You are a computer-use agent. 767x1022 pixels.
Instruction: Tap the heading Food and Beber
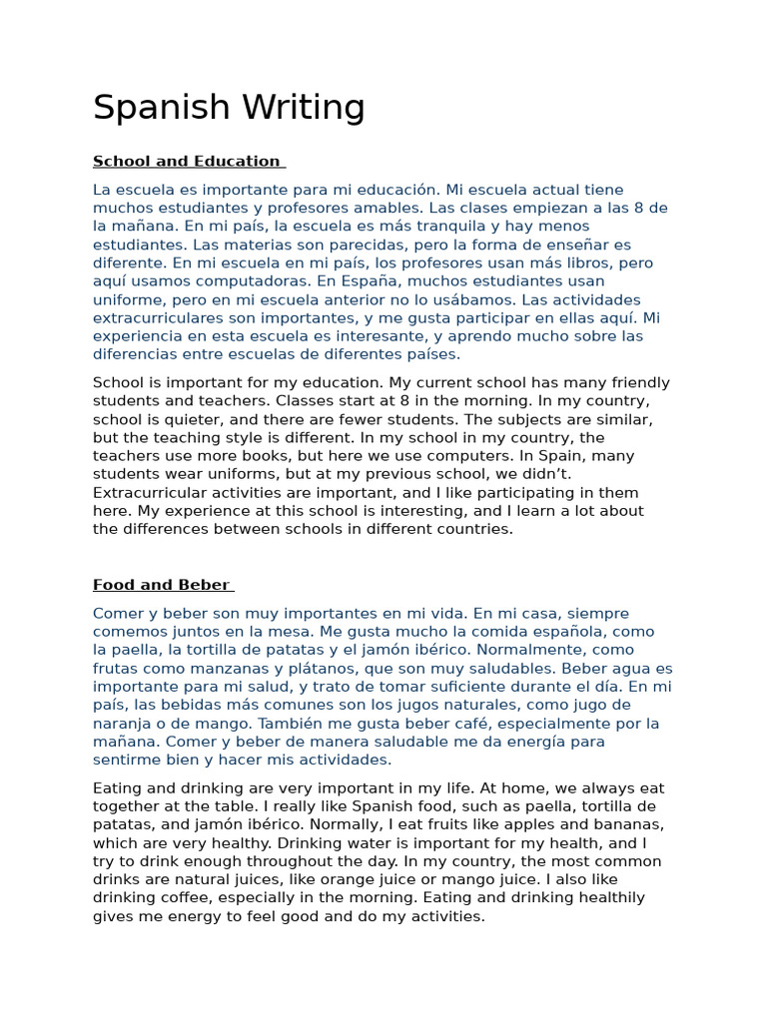pyautogui.click(x=161, y=585)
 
